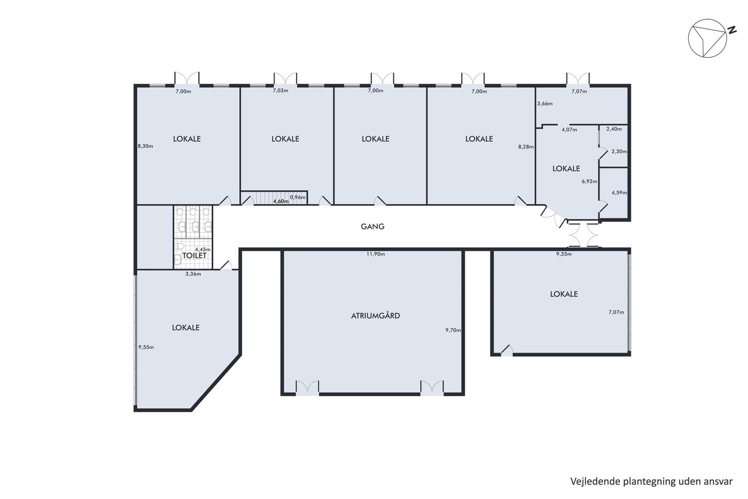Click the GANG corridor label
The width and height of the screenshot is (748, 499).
point(372,227)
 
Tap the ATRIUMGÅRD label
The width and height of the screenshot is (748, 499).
point(375,316)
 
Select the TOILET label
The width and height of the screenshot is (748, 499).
point(194,256)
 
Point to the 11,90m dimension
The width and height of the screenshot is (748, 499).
point(376,254)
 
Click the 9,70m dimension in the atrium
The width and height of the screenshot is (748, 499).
point(453,330)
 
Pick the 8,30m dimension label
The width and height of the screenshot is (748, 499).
point(145,146)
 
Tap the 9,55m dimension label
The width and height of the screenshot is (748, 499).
point(146,347)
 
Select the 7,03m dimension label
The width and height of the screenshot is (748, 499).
point(280,90)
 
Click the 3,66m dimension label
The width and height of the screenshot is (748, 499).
point(544,104)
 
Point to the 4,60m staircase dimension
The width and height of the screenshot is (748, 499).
point(281,201)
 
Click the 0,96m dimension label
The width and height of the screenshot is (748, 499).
point(298,197)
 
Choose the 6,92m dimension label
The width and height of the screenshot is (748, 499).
point(589,181)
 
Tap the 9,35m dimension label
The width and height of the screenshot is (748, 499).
point(564,254)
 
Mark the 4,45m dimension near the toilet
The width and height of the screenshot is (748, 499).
point(202,249)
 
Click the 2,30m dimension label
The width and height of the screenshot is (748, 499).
point(619,151)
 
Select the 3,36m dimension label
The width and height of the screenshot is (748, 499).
point(193,274)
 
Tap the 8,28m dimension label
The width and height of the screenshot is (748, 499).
point(526,147)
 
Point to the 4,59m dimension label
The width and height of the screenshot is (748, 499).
point(619,193)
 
